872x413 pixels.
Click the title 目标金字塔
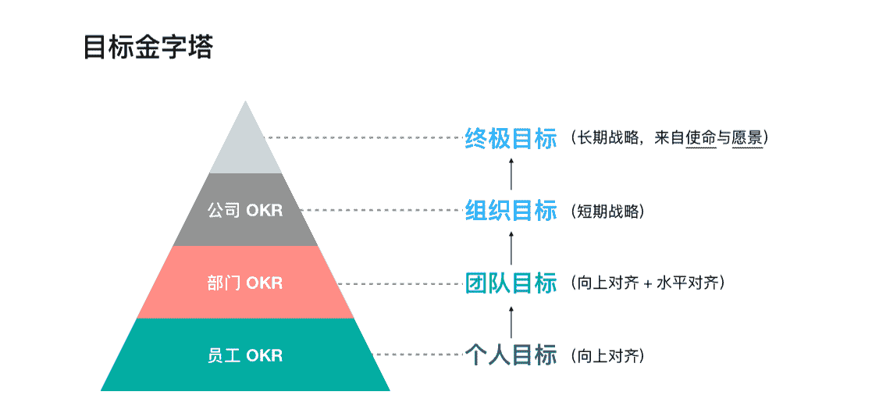pos(148,47)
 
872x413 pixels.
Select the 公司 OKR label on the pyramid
pos(245,210)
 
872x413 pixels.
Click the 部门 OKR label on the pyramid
pos(245,283)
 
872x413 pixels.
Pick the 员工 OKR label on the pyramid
pos(245,355)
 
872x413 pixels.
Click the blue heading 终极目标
pos(511,138)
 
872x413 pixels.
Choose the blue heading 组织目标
pos(511,210)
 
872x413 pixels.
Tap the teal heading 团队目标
pos(511,283)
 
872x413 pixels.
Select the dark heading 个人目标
pos(511,355)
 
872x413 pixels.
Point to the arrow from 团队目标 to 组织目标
pos(511,246)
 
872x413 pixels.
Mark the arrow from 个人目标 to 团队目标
pos(511,319)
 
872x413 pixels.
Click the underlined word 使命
pos(701,138)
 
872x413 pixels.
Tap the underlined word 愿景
pos(747,138)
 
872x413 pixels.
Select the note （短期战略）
pos(609,211)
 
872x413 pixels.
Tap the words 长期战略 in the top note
pos(605,138)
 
